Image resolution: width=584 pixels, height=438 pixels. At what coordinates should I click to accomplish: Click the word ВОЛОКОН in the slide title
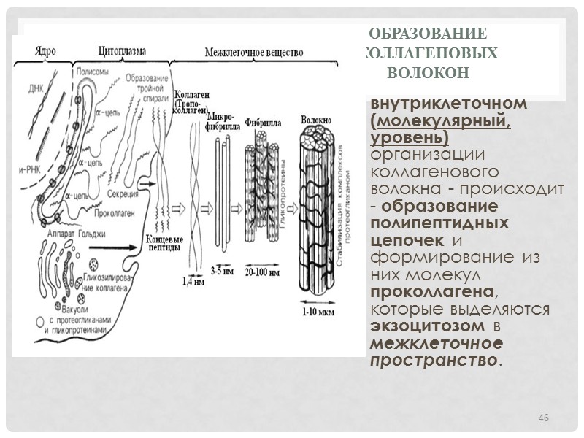click(x=427, y=74)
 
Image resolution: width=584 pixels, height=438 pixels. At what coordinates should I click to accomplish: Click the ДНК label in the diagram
click(x=36, y=89)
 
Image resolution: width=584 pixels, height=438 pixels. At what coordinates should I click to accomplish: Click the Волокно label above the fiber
click(x=316, y=119)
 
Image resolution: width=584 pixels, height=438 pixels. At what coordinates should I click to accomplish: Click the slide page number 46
click(x=543, y=417)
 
